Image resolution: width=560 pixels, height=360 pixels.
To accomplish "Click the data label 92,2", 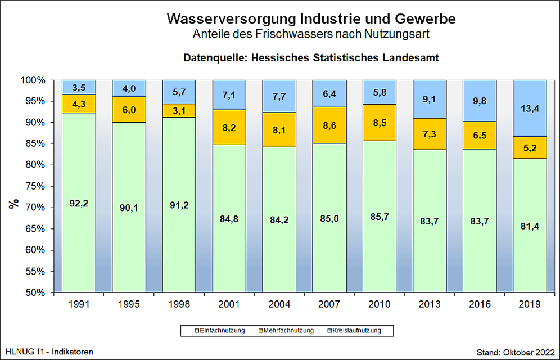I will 79,204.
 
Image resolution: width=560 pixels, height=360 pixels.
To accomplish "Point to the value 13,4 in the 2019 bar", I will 530,109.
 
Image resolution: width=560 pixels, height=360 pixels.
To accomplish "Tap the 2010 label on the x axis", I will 380,304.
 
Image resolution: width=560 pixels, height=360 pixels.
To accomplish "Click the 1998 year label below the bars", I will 179,304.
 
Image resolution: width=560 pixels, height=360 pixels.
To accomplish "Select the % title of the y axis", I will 13,203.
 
